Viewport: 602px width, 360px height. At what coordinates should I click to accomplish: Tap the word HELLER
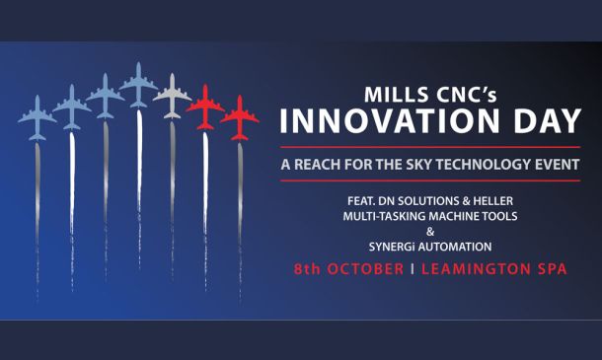point(493,201)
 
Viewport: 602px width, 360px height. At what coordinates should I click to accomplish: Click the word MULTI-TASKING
point(384,216)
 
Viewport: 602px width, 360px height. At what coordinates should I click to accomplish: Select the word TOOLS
point(500,216)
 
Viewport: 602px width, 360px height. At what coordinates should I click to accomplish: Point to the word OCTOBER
point(365,268)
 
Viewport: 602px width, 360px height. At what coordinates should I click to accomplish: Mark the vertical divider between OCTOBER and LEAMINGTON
point(413,268)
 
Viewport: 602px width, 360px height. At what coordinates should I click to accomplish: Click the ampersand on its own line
point(430,232)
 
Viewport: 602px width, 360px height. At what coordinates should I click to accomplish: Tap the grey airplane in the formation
point(172,96)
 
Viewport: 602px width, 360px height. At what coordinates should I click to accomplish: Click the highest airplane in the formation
point(138,85)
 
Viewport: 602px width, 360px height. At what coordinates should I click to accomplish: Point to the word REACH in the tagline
point(318,165)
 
